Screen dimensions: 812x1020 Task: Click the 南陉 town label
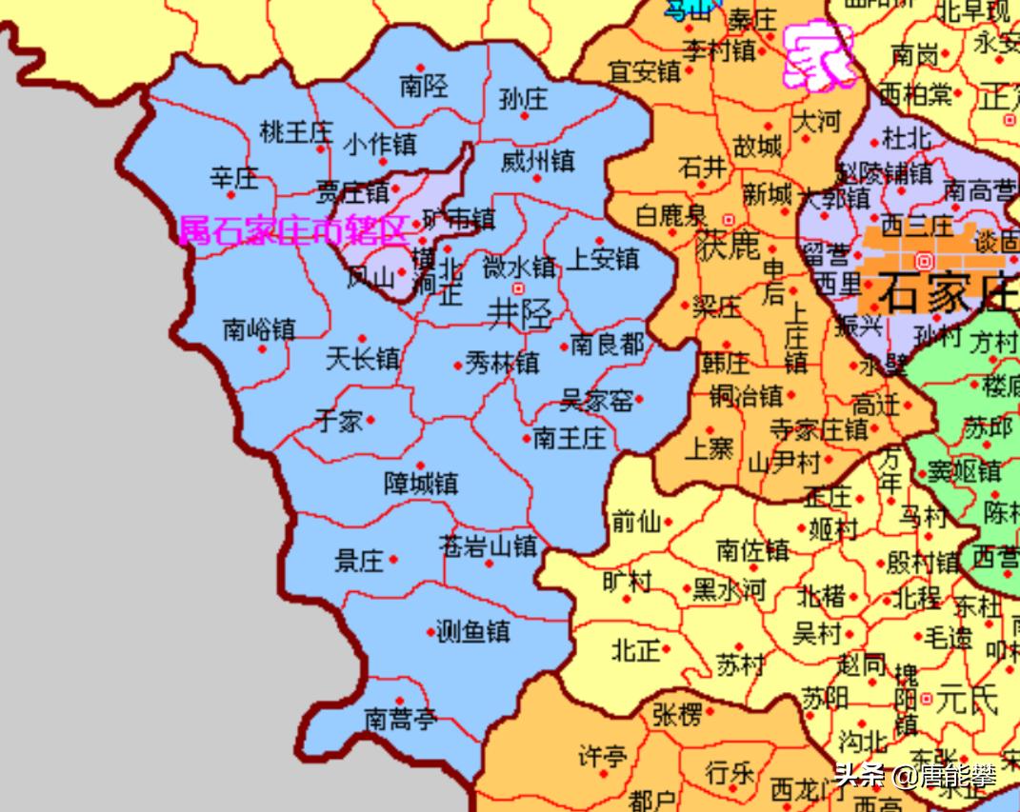[424, 87]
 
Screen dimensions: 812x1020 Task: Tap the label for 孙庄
[523, 98]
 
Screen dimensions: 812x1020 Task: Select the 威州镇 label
[537, 161]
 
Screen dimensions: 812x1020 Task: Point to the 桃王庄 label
[295, 131]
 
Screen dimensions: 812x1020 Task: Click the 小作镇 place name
[379, 145]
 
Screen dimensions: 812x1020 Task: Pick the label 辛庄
[234, 177]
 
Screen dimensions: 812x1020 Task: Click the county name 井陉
[519, 313]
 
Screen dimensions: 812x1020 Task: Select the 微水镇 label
[519, 267]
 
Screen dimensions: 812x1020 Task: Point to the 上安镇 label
[602, 258]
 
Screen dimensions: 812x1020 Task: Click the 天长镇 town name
[362, 359]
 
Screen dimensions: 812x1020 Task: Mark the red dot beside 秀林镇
[457, 365]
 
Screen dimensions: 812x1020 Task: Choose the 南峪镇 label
[259, 329]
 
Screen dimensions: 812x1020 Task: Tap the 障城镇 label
[420, 484]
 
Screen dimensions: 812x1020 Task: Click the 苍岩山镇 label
[488, 546]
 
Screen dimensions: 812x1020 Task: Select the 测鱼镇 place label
[472, 630]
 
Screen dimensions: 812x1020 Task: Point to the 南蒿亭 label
[400, 719]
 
